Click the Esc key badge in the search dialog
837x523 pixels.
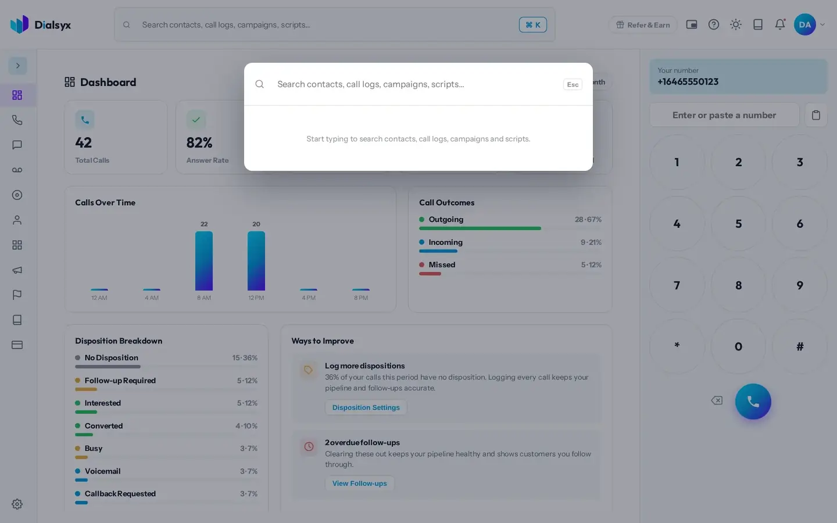[x=573, y=84]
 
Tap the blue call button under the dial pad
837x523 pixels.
[x=753, y=402]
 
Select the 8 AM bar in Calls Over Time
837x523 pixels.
[x=204, y=261]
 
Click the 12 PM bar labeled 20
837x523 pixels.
[x=256, y=261]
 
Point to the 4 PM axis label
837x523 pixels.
[x=309, y=298]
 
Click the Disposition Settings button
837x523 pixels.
[x=366, y=407]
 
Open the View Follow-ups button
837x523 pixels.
[x=359, y=483]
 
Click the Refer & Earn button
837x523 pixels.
[x=643, y=24]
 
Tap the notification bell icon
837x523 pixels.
[x=780, y=24]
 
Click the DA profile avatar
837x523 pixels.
[x=805, y=24]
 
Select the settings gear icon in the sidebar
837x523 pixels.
[x=17, y=504]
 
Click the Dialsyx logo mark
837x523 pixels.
[x=19, y=24]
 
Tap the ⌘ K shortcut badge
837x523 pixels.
[x=533, y=24]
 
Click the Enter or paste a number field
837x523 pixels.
[x=724, y=115]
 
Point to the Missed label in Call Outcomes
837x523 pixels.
[x=442, y=264]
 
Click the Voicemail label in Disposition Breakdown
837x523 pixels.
[x=102, y=471]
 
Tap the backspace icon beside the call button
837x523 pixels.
[x=717, y=400]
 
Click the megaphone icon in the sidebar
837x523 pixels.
[x=17, y=270]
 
